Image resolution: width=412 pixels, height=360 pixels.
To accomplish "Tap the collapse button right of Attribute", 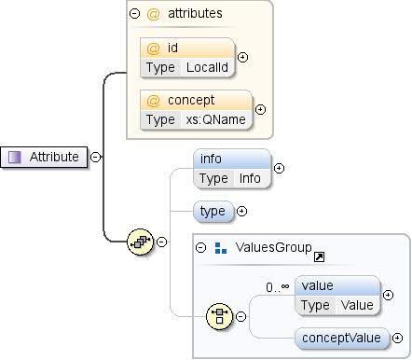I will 95,157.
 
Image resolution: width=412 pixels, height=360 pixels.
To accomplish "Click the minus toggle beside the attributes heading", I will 135,14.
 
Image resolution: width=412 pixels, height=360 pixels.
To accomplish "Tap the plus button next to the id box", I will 243,57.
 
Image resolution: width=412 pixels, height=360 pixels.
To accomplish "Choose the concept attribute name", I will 189,100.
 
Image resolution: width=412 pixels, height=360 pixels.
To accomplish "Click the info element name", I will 211,159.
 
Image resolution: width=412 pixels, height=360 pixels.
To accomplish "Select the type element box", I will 213,211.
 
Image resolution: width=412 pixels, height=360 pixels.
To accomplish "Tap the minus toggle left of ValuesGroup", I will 200,248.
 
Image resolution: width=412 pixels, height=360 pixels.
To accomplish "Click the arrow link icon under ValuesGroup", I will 319,256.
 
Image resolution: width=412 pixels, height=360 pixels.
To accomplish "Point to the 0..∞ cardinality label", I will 278,287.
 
